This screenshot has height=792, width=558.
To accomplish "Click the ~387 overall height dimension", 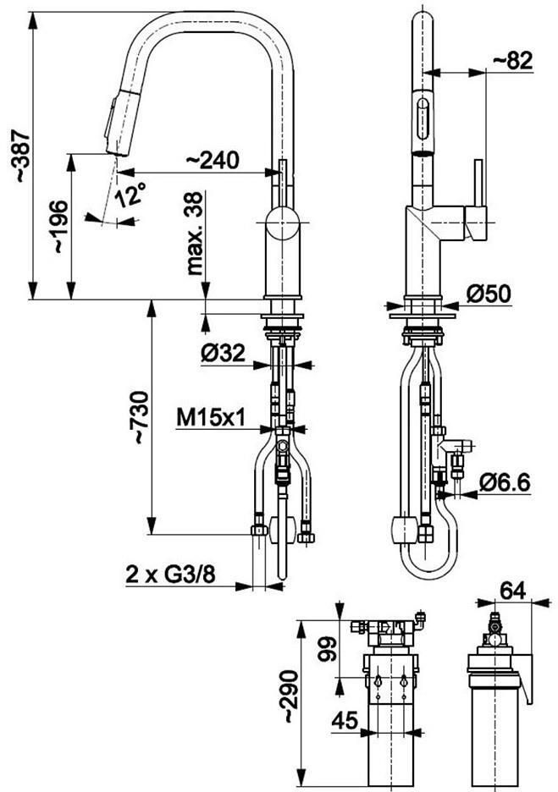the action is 22,156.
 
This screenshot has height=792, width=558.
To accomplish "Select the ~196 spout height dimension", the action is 59,226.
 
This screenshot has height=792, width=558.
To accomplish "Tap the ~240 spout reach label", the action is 213,160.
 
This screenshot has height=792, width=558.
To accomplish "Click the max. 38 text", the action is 195,234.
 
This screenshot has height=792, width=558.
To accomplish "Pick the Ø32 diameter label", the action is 223,353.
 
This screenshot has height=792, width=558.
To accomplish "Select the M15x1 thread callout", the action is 212,418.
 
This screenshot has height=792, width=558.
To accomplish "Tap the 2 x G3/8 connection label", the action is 170,575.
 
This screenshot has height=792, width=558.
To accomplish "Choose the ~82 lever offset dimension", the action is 513,61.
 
